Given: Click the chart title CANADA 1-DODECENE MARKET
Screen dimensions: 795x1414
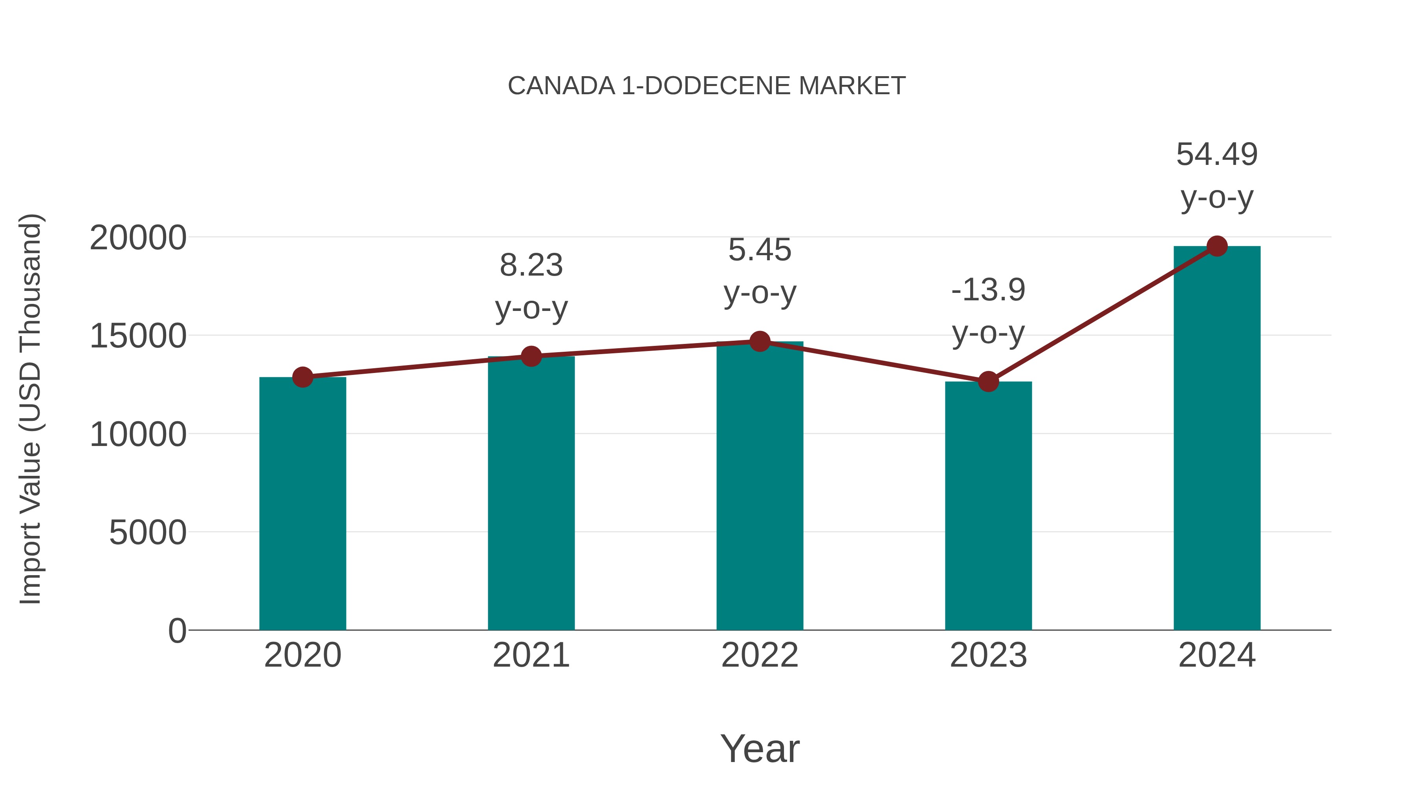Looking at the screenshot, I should [x=707, y=86].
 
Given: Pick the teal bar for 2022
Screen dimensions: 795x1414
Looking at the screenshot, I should [x=760, y=486].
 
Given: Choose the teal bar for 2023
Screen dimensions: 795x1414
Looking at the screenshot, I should [x=988, y=505].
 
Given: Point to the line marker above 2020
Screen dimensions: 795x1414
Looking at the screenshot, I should [x=302, y=377].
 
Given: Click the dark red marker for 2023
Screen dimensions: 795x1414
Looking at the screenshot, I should [x=988, y=381].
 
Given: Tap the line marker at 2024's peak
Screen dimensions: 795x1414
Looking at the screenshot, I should [x=1217, y=246].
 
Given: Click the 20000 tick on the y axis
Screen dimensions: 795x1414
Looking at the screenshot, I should [x=138, y=238].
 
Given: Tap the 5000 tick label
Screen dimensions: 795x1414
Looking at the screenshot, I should [x=148, y=532].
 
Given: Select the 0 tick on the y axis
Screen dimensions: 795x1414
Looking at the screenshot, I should [x=177, y=631].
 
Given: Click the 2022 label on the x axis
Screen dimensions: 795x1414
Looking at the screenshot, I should [x=760, y=655].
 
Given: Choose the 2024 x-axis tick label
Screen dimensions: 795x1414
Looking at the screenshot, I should [x=1217, y=655].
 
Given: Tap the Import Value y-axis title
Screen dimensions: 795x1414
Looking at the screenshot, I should [x=30, y=409].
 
